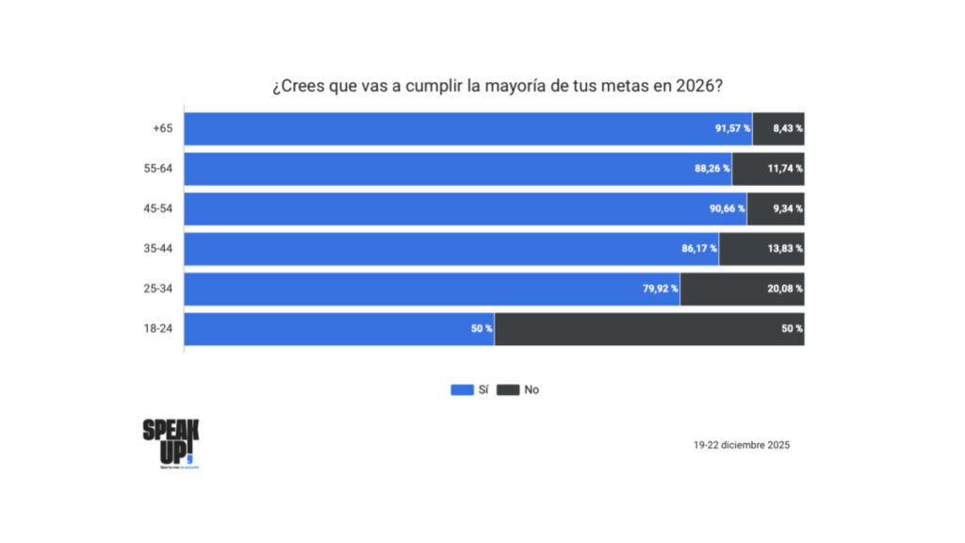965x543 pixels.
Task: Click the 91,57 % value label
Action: click(732, 128)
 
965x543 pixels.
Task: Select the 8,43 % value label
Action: click(787, 128)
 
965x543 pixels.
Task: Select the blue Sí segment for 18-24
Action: click(339, 329)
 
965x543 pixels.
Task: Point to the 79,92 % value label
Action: click(661, 288)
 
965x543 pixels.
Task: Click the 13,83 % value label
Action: click(784, 249)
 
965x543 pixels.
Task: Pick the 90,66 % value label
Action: click(727, 208)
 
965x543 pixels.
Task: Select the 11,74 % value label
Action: click(784, 169)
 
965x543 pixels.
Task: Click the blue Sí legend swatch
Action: click(462, 389)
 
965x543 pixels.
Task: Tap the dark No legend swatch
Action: click(508, 389)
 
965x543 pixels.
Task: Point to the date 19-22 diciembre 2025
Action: click(741, 445)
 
